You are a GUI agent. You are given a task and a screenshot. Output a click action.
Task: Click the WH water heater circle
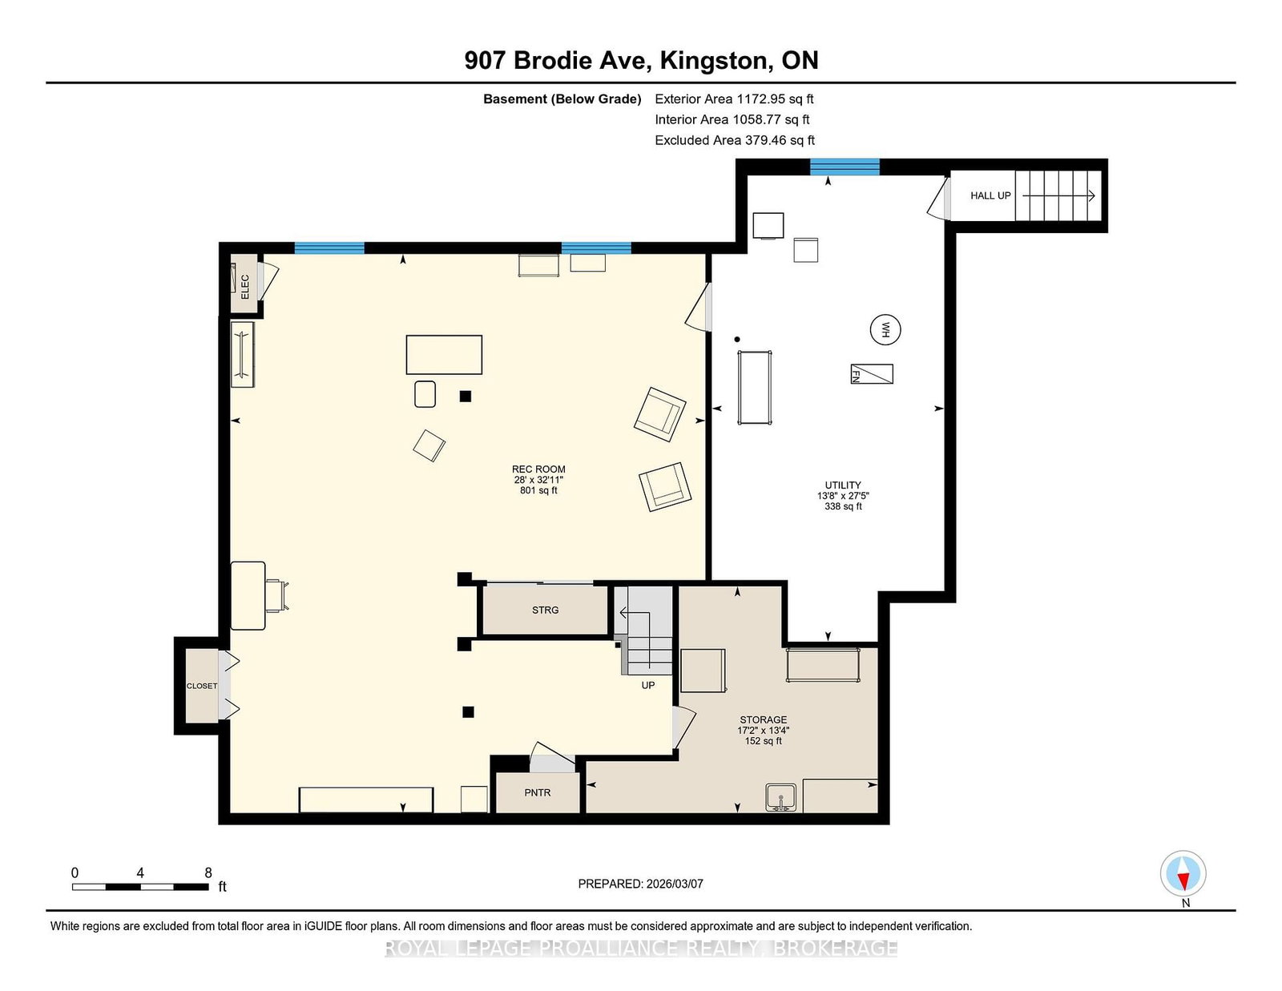tap(885, 330)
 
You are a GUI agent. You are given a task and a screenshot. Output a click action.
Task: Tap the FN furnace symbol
tap(872, 374)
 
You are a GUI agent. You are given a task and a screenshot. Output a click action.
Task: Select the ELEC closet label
tap(245, 287)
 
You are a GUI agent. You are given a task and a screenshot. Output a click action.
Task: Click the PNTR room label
tap(538, 793)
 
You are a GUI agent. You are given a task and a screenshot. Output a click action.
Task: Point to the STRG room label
tap(545, 610)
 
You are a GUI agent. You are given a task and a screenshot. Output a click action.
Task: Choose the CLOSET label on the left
tap(202, 686)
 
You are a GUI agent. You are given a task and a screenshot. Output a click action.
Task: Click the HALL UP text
tap(990, 195)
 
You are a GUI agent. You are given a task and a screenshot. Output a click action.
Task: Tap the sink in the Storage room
tap(780, 797)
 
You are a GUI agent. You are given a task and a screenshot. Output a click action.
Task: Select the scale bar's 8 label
tap(208, 873)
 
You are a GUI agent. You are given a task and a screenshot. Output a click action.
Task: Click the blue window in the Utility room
tap(845, 167)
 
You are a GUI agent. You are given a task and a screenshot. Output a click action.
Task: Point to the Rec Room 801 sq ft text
tap(538, 490)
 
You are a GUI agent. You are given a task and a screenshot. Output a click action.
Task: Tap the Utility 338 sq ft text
tap(843, 506)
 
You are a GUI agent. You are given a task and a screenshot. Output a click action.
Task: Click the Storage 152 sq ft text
tap(764, 741)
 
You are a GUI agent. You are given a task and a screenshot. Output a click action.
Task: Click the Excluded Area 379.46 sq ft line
tap(735, 140)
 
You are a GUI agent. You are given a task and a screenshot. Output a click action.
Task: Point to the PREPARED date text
tap(641, 884)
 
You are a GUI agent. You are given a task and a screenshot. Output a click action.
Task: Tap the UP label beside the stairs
tap(647, 686)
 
